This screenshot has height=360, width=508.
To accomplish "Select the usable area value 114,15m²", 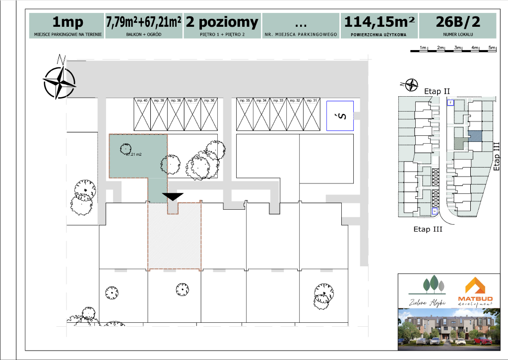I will [x=379, y=22].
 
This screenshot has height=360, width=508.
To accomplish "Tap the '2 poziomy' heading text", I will [x=222, y=22].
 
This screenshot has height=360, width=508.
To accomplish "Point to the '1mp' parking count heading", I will [x=67, y=22].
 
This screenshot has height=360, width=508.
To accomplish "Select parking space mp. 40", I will [x=143, y=114].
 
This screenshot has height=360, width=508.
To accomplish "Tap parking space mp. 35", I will [x=245, y=114].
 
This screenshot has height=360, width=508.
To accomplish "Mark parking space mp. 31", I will [x=312, y=114].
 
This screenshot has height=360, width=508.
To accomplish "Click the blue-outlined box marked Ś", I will [x=340, y=116].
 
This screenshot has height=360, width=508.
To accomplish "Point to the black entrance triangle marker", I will [x=172, y=196].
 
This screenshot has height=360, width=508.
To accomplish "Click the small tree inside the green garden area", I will [x=126, y=147].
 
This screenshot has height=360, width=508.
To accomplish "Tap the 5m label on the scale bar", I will [x=492, y=47].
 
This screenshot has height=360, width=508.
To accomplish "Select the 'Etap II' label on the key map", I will [x=437, y=91].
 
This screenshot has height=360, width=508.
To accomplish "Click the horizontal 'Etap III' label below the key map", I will [x=428, y=229].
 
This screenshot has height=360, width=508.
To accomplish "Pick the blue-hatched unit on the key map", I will [x=475, y=135].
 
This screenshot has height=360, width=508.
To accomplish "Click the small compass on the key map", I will [x=411, y=85].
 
